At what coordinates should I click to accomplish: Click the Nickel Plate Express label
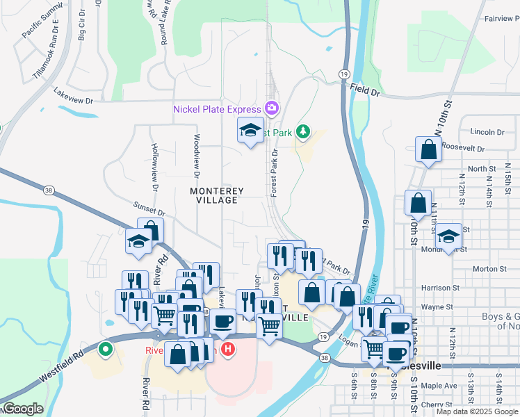click(216, 108)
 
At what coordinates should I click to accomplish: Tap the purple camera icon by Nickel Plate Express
click(271, 108)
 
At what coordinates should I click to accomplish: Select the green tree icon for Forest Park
click(302, 131)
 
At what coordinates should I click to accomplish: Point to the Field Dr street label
click(365, 90)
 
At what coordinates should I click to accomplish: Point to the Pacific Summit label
click(42, 24)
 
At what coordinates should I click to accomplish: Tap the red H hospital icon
click(226, 347)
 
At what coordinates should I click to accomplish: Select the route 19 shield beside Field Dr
click(344, 74)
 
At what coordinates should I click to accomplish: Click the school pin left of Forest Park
click(250, 130)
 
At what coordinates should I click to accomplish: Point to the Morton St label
click(489, 269)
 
